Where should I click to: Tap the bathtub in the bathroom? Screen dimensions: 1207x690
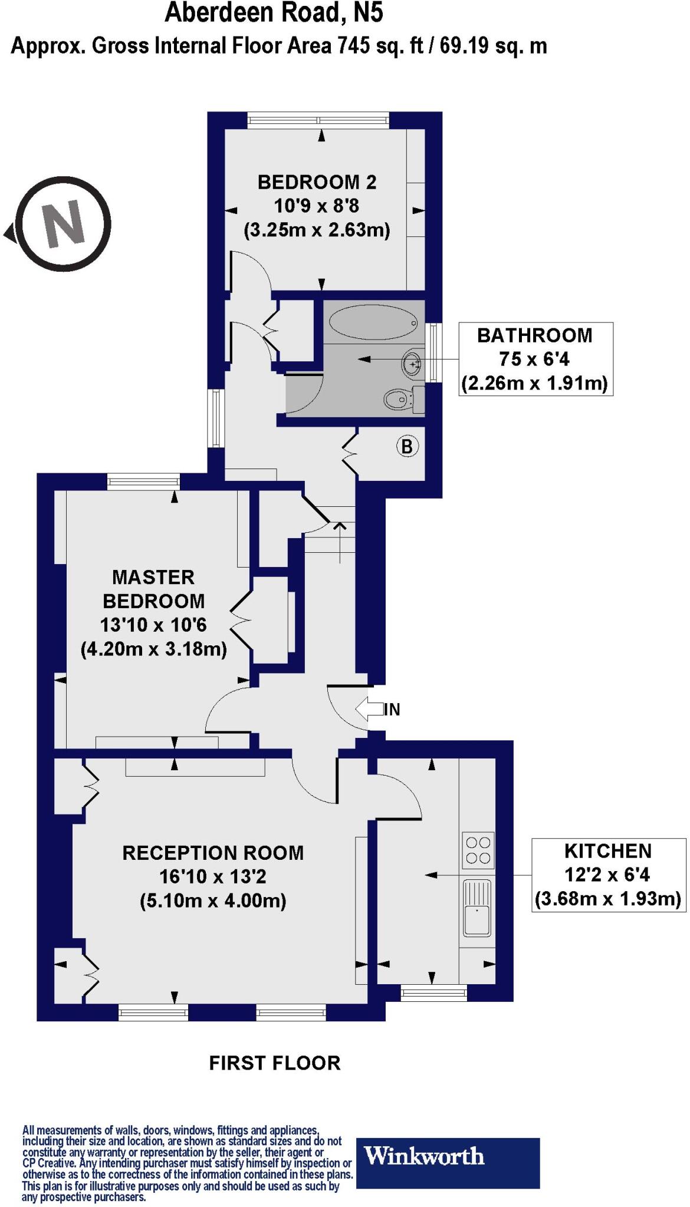373,322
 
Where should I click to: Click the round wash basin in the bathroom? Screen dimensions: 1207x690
412,364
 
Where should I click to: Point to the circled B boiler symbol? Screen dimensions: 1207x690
407,446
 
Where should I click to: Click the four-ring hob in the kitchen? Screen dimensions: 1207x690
478,850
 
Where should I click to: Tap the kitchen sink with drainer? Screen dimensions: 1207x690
477,908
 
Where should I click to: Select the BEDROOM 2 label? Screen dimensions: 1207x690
317,182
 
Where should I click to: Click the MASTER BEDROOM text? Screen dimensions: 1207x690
153,589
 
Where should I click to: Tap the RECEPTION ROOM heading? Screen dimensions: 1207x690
213,853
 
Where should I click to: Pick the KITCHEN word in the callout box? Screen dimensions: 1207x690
608,851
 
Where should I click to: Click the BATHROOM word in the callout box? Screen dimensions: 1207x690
534,335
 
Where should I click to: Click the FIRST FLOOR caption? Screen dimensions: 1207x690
275,1063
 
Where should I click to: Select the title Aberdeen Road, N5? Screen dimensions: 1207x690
274,13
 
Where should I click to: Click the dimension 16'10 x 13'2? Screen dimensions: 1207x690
213,877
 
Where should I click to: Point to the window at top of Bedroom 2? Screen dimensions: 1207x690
318,120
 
